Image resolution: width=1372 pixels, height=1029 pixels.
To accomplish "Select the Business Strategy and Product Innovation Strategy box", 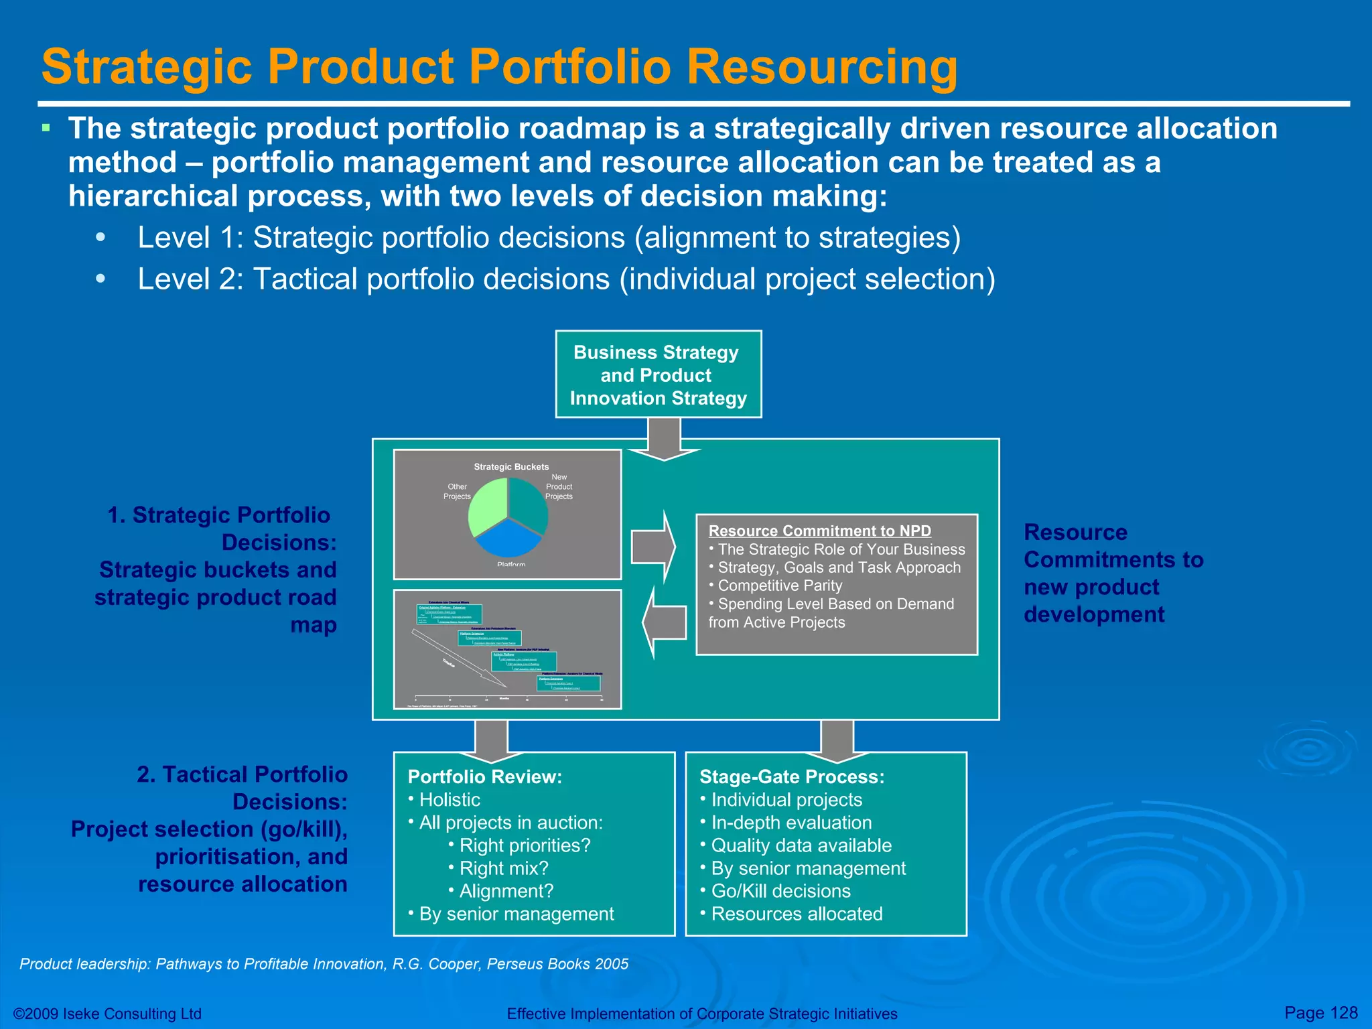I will pos(658,374).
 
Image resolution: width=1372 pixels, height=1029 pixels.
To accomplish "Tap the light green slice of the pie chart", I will pos(486,506).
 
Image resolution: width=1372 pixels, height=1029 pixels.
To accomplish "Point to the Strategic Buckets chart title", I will pos(511,467).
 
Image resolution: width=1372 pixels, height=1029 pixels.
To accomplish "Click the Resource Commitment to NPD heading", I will pos(819,531).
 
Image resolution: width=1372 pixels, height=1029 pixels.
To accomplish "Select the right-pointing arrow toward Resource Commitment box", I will pos(653,547).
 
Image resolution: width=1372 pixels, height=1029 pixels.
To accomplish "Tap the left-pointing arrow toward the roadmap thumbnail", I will pos(665,622).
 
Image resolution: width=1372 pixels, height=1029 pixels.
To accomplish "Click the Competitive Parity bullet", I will pos(779,586).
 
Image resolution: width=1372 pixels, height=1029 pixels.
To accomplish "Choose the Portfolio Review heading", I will pos(485,777).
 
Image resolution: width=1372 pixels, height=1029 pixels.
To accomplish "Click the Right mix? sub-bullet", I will pos(503,868).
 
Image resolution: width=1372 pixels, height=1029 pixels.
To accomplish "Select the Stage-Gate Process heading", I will pos(792,777).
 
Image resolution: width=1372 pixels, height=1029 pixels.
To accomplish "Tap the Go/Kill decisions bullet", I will pos(780,891).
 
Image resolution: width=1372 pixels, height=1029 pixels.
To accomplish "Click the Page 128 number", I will pos(1320,1012).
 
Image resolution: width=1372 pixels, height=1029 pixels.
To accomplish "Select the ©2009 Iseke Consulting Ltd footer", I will pos(108,1014).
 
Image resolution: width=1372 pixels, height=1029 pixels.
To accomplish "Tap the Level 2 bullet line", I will pos(566,279).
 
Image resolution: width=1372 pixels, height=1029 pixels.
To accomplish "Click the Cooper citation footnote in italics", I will pos(324,964).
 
